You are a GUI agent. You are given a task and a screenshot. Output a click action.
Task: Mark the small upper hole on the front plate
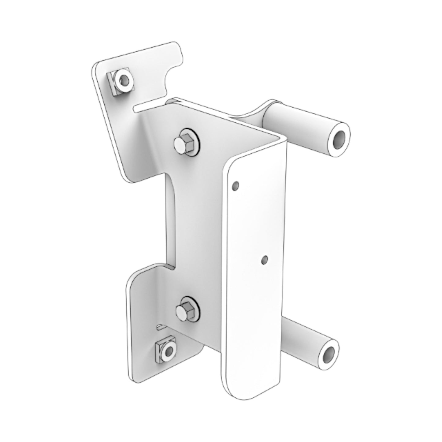[236, 185]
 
